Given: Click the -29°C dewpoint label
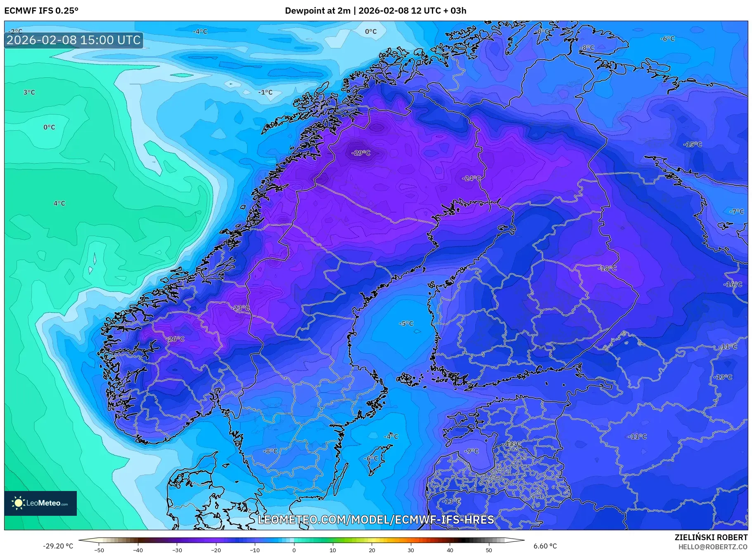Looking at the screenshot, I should (361, 153).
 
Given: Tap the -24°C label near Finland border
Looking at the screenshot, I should (471, 179).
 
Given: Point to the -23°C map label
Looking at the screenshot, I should (241, 308).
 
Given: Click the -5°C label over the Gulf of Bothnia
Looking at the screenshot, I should (406, 324).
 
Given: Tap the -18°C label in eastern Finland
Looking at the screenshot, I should (607, 268).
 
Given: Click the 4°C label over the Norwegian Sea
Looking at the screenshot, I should (59, 203).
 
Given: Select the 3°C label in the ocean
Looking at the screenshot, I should (29, 93).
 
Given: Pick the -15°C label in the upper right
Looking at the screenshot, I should (693, 144).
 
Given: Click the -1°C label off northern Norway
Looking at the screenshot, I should (266, 93).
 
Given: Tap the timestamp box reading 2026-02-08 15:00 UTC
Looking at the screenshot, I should (74, 40).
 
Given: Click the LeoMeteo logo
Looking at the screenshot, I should (40, 503).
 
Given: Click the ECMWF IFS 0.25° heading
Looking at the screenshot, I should (41, 11).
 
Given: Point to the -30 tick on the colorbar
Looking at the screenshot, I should (177, 550).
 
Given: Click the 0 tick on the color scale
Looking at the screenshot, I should (294, 550).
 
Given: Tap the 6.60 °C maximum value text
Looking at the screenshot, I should (545, 546).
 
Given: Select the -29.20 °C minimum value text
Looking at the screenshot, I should (58, 546).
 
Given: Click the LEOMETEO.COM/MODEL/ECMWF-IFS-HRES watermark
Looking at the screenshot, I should (376, 520).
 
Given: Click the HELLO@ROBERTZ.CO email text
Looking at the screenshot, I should (713, 547).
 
